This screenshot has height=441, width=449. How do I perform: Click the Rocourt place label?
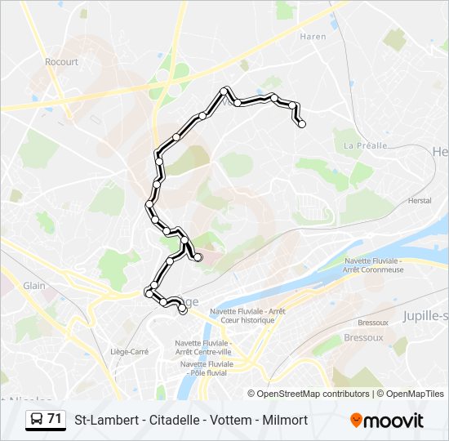61,61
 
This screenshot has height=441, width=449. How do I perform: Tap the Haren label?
313,37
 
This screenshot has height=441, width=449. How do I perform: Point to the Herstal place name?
419,201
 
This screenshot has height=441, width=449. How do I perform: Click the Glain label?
34,286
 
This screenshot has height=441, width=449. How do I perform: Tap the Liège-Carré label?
129,351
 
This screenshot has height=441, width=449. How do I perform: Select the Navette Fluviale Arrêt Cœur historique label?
247,315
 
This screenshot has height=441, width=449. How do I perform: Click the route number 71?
55,419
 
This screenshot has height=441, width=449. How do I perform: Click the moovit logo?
387,421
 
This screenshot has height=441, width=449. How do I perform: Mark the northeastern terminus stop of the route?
302,124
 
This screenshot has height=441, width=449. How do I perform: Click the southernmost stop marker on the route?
182,310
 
